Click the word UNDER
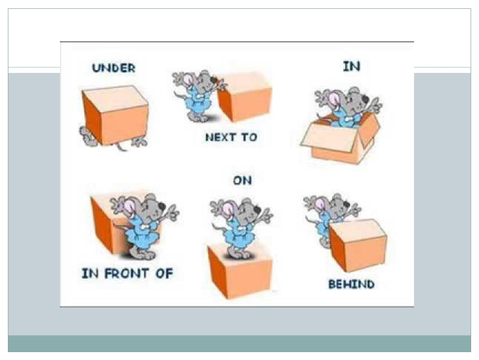(114, 68)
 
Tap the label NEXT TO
(231, 137)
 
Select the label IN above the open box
(352, 66)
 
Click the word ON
(242, 180)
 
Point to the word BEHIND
(351, 284)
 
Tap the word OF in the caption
(165, 273)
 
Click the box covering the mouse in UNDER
(115, 115)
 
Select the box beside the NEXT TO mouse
(244, 96)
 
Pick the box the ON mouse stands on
(240, 270)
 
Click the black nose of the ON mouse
(257, 210)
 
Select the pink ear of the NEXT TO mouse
(189, 80)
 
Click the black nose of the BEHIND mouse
(346, 204)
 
